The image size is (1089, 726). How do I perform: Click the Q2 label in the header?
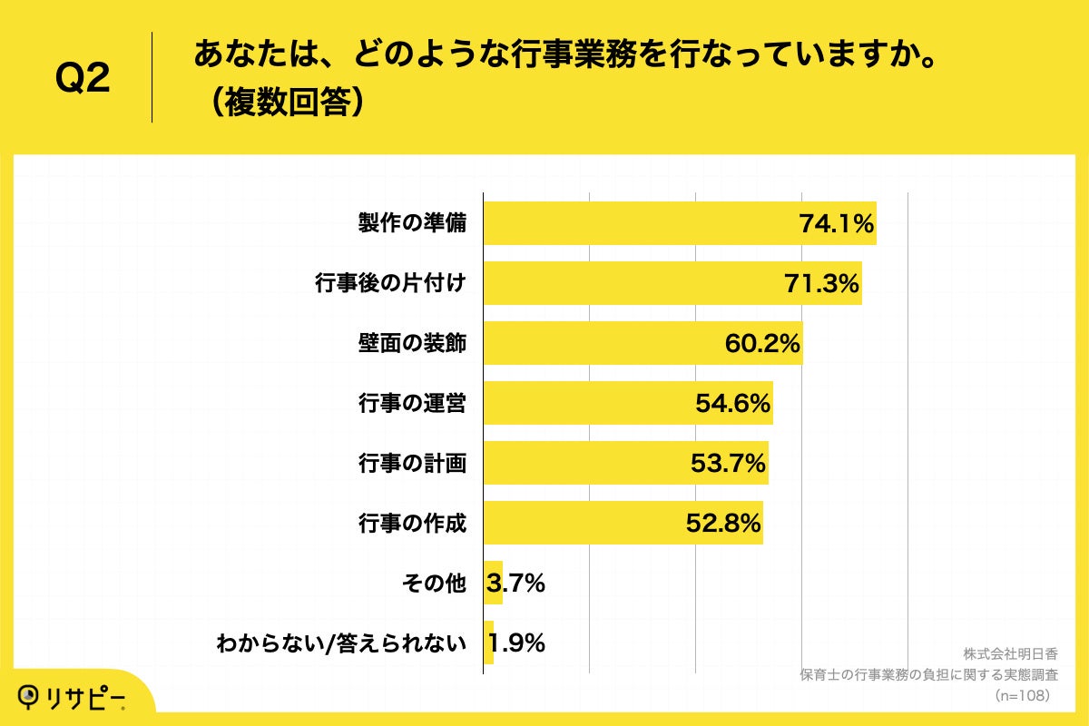(x=83, y=79)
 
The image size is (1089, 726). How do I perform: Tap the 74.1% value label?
(x=836, y=224)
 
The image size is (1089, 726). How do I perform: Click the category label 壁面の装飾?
(x=412, y=344)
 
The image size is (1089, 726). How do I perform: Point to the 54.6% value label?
(x=733, y=404)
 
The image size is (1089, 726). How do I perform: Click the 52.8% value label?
(x=722, y=524)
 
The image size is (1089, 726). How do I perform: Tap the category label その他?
(x=434, y=584)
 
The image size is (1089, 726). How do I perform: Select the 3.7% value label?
(x=515, y=584)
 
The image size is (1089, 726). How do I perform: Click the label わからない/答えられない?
(x=341, y=644)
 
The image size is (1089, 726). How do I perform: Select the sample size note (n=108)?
(x=1022, y=695)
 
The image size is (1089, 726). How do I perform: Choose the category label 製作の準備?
(x=412, y=224)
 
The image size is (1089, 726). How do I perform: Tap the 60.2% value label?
(x=762, y=344)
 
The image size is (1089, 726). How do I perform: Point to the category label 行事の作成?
(x=412, y=524)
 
